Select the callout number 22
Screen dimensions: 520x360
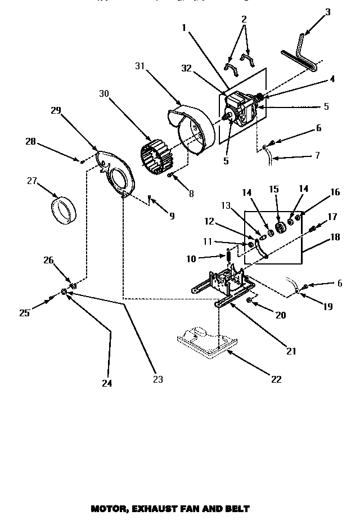tap(276, 379)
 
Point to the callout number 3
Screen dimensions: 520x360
tap(328, 12)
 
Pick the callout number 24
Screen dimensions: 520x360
tap(107, 383)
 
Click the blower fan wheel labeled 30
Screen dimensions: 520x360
tap(155, 154)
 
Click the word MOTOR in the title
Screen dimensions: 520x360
tap(107, 509)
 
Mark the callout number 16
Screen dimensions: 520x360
tap(335, 192)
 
